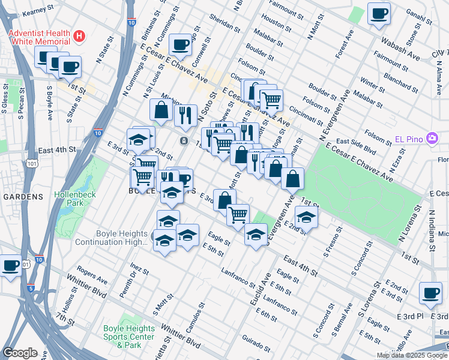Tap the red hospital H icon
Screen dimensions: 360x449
click(x=78, y=37)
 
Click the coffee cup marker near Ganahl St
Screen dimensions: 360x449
click(x=379, y=13)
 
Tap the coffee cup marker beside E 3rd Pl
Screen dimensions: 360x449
click(x=430, y=293)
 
